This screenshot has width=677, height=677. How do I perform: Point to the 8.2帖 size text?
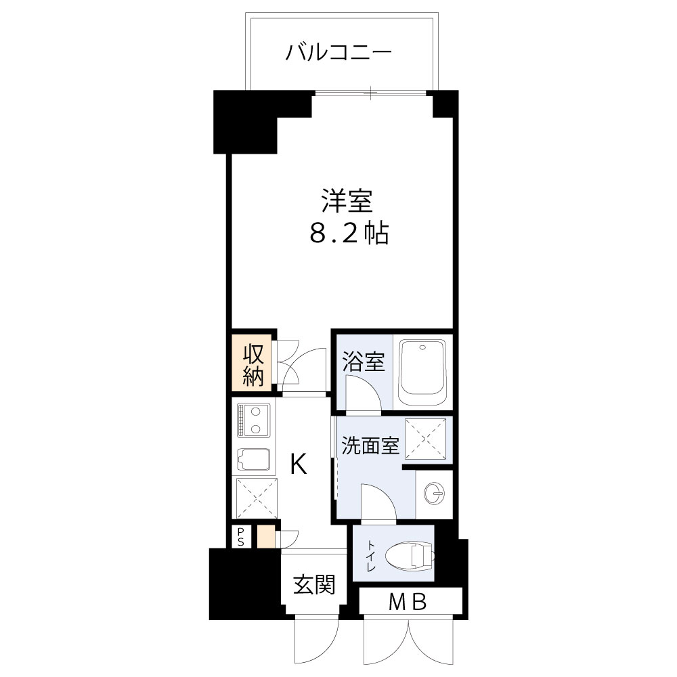point(348,234)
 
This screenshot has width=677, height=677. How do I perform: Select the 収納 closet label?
point(253,365)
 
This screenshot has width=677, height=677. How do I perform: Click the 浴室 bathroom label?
point(363,362)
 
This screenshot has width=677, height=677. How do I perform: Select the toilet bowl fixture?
point(410,557)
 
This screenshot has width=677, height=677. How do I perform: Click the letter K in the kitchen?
point(299,464)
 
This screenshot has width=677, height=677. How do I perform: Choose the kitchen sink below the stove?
point(254,460)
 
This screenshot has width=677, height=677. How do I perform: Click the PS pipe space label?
point(240,537)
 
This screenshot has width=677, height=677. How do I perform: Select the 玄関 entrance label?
point(314,585)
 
